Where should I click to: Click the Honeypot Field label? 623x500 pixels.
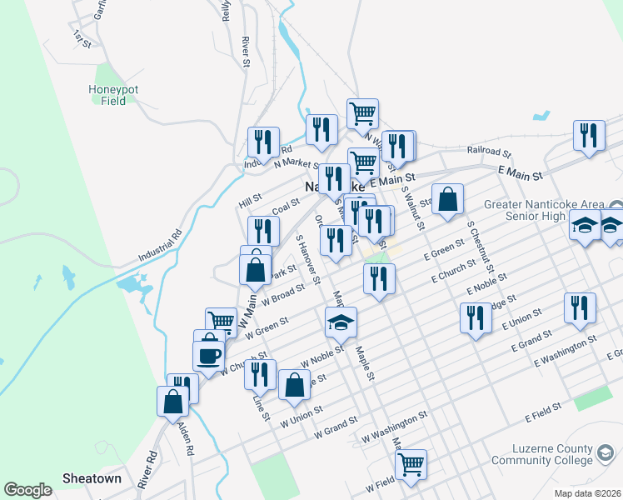[107, 95]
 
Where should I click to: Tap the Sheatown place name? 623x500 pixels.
[92, 479]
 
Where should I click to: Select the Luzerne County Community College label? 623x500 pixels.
[552, 454]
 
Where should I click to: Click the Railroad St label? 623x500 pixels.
[488, 152]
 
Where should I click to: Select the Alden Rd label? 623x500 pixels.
[188, 441]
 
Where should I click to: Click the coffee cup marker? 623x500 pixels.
[208, 354]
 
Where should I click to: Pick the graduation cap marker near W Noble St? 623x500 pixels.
[340, 321]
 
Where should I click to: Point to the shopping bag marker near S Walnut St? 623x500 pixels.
[448, 199]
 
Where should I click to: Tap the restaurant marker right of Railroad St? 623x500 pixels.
[590, 135]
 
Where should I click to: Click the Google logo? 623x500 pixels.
[27, 490]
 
